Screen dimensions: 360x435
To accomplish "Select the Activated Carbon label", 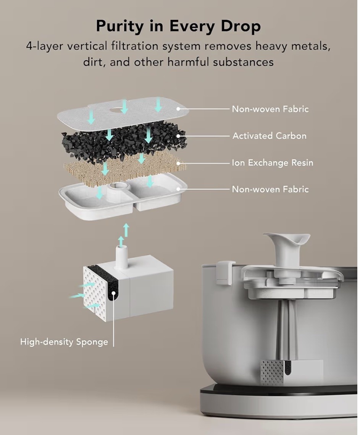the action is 269,136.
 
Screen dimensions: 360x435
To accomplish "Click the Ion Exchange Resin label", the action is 272,162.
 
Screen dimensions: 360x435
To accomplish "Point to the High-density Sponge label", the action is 64,341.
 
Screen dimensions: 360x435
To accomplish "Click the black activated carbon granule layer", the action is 124,142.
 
